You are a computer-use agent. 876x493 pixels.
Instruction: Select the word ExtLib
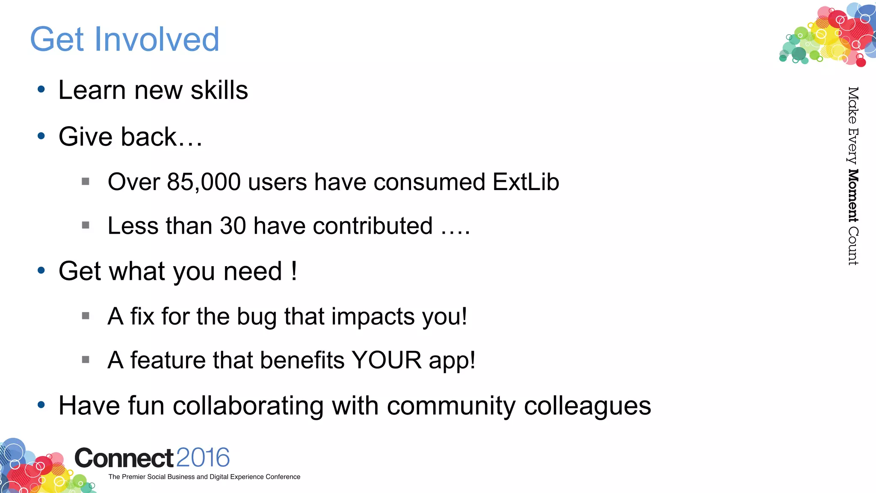(x=526, y=182)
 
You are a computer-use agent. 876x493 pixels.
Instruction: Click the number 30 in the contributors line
(x=233, y=226)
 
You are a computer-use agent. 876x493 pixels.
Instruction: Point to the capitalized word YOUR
(x=386, y=360)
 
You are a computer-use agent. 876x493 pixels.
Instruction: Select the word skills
(x=219, y=90)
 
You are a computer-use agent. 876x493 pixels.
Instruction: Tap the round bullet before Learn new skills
(x=41, y=89)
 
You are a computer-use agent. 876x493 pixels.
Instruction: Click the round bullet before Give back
(x=41, y=136)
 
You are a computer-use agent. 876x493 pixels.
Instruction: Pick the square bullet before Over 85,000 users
(x=86, y=181)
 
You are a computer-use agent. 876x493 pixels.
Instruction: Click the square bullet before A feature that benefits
(x=86, y=359)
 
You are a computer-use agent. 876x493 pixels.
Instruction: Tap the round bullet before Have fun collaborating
(x=41, y=405)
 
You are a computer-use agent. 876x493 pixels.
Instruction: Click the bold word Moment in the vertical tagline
(x=853, y=196)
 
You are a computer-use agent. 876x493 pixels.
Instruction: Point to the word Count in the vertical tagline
(x=853, y=246)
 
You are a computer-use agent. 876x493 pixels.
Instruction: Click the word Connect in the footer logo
(x=124, y=458)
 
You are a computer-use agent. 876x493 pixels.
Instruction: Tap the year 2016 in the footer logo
(x=203, y=457)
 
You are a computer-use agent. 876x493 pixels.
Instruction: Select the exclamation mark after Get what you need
(x=294, y=271)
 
